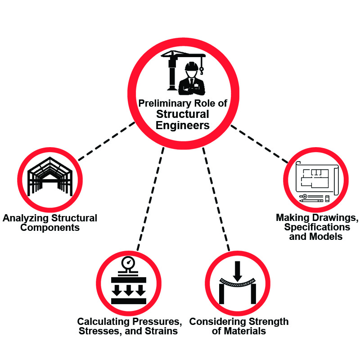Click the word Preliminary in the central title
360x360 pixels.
[166, 103]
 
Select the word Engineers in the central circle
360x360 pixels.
[183, 125]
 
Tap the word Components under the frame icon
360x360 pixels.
[50, 228]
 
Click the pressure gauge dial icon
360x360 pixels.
[129, 262]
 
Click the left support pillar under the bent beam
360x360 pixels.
[221, 295]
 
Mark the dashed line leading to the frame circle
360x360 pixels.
[106, 142]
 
